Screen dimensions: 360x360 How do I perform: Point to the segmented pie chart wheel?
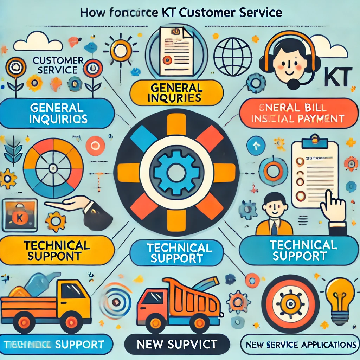(53, 168)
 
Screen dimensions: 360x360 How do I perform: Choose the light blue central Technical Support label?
(176, 252)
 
